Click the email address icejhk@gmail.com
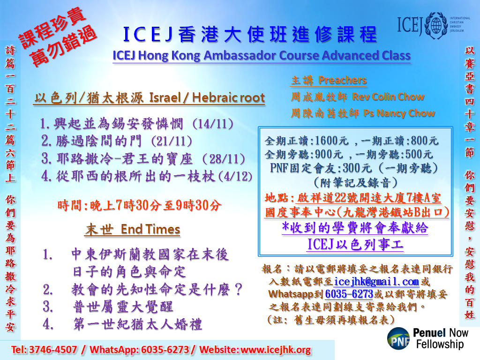(x=376, y=282)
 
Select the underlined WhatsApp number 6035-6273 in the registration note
(x=349, y=294)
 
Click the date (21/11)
(x=172, y=141)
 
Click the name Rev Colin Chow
(x=388, y=97)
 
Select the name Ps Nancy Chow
(x=399, y=113)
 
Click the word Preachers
(x=342, y=80)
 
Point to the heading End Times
(x=150, y=229)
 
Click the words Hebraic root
(x=228, y=97)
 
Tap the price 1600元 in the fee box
(x=331, y=141)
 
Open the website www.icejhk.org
(x=276, y=350)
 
